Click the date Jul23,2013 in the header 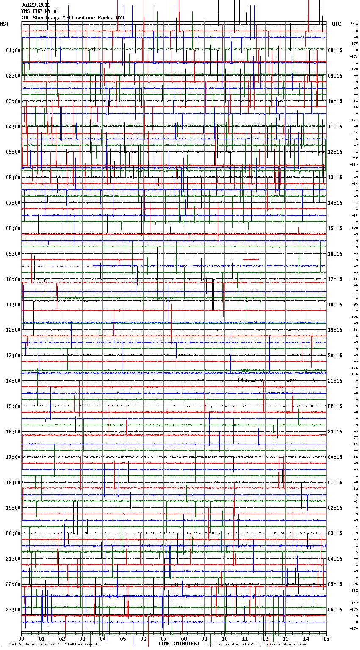36,5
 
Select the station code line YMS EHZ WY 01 40,11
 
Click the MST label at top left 4,24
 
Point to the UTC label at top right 336,24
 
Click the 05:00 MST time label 13,152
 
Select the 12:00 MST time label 13,330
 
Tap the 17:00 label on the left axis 13,457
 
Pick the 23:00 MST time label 13,610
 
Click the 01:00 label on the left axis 13,50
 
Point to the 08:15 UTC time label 335,50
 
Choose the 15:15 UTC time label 335,228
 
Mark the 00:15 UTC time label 335,457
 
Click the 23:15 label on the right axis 335,432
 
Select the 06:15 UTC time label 335,610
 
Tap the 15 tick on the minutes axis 326,639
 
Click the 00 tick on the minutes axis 22,639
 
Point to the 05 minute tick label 123,639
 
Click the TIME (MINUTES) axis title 179,644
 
